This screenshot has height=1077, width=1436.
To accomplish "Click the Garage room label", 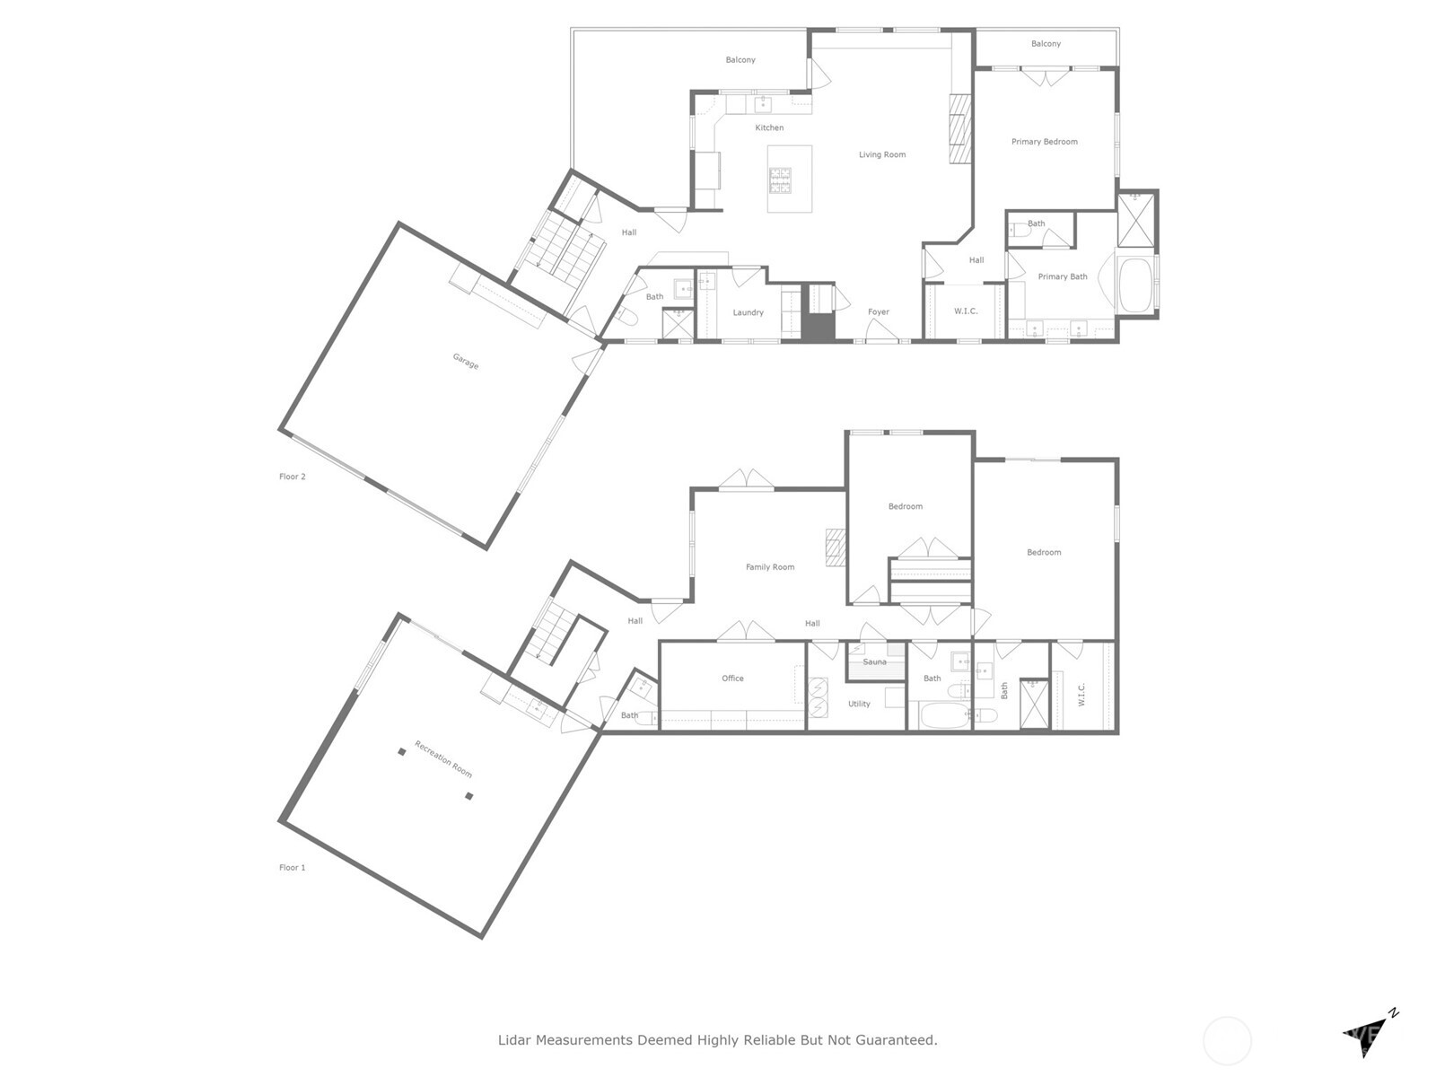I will point(465,361).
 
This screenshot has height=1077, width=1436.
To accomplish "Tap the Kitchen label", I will point(769,127).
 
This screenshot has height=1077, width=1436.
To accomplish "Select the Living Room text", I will point(882,154).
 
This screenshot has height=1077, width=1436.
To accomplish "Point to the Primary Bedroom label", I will point(1044,142).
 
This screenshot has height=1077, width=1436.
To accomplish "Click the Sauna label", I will point(874,662).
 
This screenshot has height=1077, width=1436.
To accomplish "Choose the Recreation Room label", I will point(443,759).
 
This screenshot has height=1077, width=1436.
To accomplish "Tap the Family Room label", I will point(770,567).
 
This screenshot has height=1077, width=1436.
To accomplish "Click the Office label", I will point(732,679).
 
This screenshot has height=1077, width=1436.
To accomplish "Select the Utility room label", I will point(859,704).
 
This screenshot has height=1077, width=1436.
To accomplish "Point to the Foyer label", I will point(879,312).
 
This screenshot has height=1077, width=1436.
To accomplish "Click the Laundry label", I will point(748,312).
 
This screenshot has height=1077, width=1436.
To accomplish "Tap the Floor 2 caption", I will point(293,477).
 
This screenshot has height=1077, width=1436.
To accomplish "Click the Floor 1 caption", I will point(293,868).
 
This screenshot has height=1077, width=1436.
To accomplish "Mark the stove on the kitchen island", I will point(779,180).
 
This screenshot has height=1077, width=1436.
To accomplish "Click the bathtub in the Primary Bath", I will point(1136,285).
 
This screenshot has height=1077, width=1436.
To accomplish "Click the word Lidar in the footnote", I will point(515,1040).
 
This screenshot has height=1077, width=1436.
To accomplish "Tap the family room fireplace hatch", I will point(836,547).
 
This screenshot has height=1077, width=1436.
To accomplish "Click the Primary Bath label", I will point(1063,276).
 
